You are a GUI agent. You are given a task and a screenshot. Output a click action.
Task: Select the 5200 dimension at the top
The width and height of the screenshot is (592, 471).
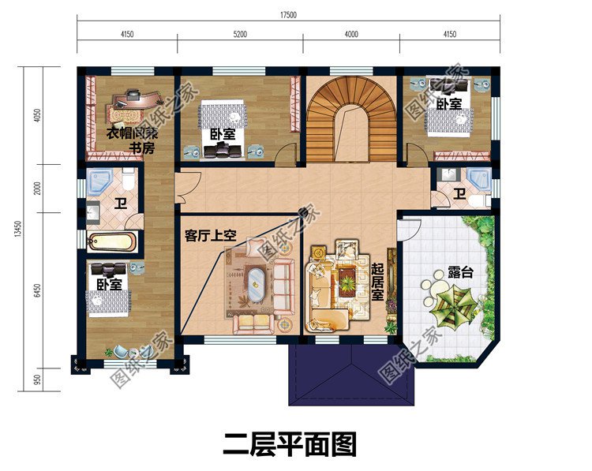coord(240,34)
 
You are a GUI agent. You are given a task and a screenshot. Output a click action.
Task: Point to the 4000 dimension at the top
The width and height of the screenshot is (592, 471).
coord(351,34)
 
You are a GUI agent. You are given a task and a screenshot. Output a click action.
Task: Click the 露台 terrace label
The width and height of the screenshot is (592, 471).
coord(460,273)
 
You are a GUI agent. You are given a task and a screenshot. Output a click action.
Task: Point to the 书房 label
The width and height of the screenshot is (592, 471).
coord(142,148)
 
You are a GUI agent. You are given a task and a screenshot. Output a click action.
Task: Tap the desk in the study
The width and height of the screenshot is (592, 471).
coord(131,101)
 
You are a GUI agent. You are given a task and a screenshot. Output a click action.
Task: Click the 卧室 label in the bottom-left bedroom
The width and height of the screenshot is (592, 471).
coord(109,284)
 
